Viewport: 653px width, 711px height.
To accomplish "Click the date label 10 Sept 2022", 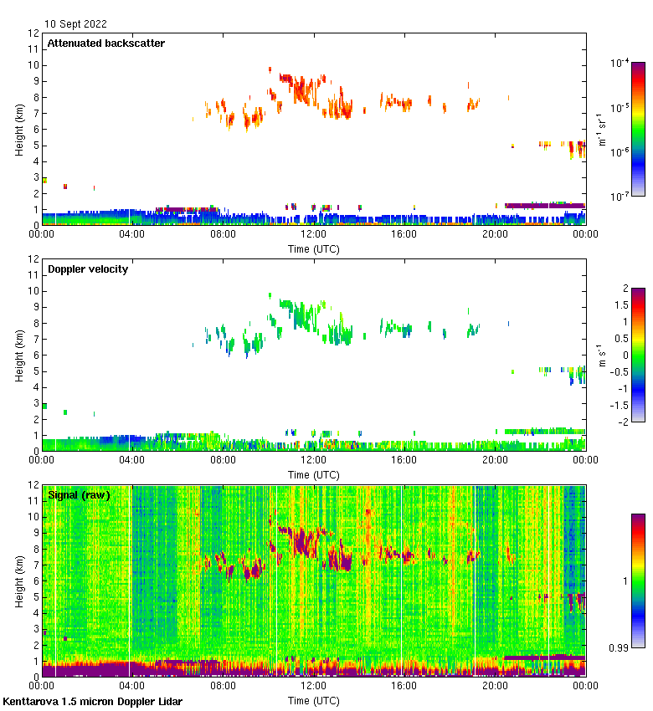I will click(76, 24).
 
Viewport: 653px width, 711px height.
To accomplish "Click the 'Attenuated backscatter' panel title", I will click(105, 43).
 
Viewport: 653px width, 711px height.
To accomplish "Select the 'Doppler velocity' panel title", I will click(88, 269).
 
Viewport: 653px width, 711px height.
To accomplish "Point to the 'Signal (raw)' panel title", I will click(79, 495).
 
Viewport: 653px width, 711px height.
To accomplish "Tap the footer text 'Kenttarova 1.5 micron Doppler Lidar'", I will click(92, 701).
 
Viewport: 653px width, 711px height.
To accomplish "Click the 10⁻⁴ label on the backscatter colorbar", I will click(620, 63).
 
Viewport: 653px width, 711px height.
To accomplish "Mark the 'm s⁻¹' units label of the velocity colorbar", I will click(601, 355).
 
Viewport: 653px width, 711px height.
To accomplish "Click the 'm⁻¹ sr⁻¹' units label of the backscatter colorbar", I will click(601, 129).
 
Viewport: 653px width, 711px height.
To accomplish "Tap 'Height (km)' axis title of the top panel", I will click(19, 129).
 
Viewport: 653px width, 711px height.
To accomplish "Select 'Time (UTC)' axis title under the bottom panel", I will click(314, 699).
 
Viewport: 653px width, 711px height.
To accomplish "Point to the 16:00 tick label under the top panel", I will click(404, 235).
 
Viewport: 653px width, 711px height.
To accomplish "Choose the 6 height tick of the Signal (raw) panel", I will click(36, 581).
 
